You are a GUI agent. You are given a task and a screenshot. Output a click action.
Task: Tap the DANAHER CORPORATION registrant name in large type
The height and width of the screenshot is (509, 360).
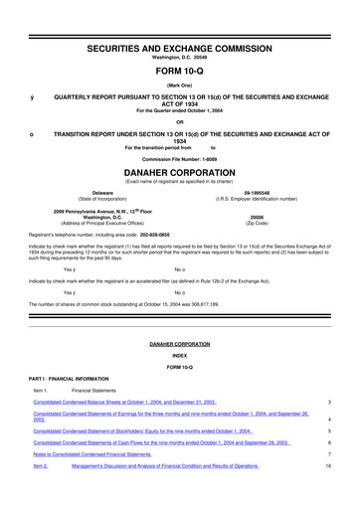pos(180,170)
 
